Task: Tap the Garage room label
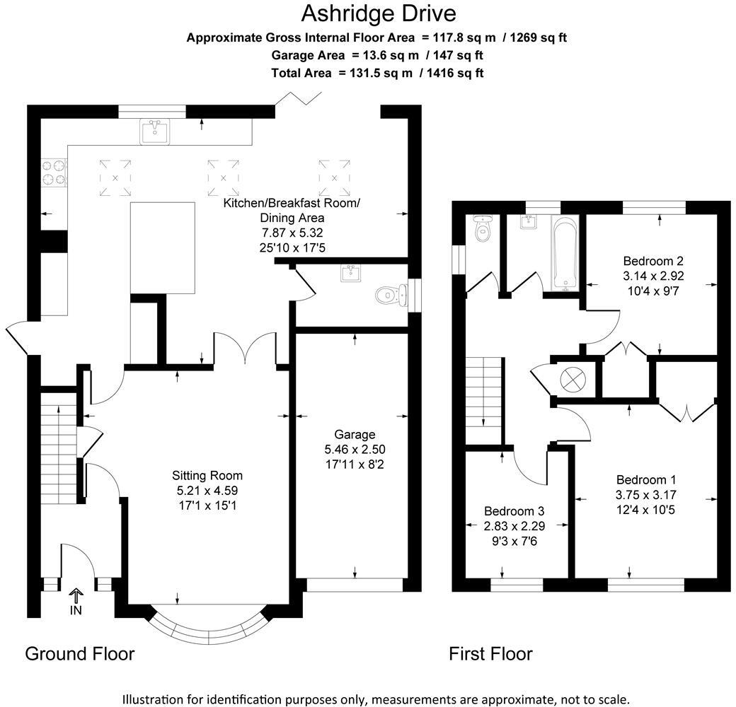tap(355, 435)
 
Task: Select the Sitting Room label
tap(207, 476)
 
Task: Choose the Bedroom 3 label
tap(514, 511)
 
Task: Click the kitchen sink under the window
tap(154, 132)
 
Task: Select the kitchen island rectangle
tap(163, 247)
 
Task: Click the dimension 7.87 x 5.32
tap(292, 232)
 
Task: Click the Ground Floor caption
tap(79, 653)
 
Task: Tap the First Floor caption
tap(490, 654)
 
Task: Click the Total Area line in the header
tap(377, 72)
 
